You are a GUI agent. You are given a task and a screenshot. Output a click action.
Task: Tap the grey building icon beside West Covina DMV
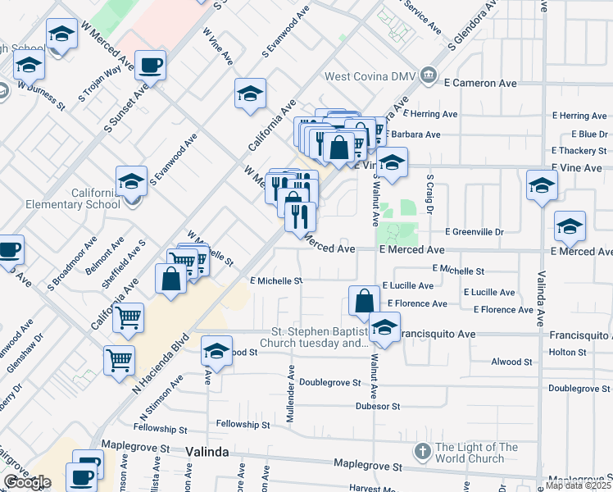[x=428, y=76]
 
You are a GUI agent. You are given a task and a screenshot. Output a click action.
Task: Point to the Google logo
[x=27, y=482]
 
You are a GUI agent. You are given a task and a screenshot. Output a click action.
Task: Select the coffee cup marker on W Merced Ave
[x=150, y=65]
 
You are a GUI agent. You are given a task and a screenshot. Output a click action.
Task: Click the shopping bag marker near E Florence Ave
[x=364, y=300]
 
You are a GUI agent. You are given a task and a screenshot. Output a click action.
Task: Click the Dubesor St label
[x=377, y=406]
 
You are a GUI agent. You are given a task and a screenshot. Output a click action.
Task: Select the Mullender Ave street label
[x=290, y=394]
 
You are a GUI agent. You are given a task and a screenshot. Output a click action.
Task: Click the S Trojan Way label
[x=100, y=83]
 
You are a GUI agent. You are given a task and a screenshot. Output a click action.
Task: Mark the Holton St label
[x=568, y=353]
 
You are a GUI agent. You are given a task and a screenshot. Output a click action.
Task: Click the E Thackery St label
[x=579, y=151]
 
